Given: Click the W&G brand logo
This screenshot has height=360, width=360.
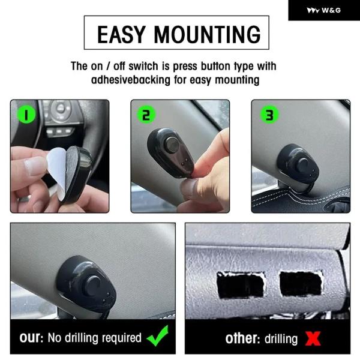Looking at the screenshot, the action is (x=324, y=10).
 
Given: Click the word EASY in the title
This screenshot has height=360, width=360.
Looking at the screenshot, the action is (x=121, y=34).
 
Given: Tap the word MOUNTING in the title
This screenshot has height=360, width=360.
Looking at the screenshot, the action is (x=208, y=34).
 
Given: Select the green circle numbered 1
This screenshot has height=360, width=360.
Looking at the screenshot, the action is (x=26, y=114).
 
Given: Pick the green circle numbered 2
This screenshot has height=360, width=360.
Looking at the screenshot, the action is (x=146, y=115).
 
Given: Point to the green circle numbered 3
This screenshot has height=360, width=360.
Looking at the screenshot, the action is (x=269, y=115).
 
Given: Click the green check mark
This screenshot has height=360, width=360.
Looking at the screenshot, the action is (x=158, y=335).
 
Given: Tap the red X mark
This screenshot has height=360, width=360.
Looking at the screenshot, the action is (x=313, y=338).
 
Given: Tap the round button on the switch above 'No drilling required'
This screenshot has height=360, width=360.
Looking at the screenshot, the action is (x=92, y=286).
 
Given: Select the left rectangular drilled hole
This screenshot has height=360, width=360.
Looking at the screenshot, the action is (x=241, y=284).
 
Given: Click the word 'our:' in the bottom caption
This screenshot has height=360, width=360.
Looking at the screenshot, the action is (x=31, y=337).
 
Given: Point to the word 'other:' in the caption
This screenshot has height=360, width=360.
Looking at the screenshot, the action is (x=242, y=338).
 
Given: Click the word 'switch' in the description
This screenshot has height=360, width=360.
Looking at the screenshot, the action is (x=143, y=66).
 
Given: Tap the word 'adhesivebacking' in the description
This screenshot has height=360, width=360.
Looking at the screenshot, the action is (x=131, y=80).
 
